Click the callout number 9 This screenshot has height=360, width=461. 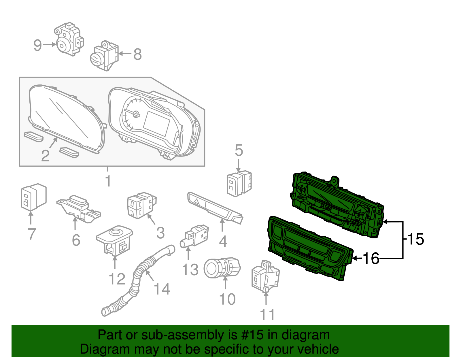point(38,45)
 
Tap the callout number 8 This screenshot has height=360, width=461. point(137,54)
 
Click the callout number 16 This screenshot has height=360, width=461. point(371,259)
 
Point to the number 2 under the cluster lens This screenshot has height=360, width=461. point(45,156)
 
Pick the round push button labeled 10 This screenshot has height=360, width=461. point(222,268)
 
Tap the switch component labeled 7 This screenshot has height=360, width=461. point(33,197)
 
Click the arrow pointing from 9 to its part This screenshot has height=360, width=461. point(50,44)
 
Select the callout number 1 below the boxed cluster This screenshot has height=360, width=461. point(108,181)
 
